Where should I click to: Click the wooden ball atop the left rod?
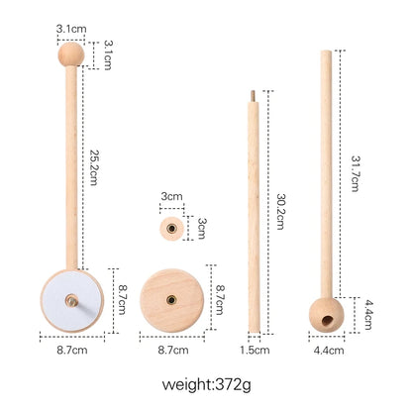(x=71, y=53)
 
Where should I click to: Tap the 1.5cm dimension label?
(x=255, y=350)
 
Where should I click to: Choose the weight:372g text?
(x=206, y=382)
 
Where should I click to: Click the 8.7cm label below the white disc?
(x=72, y=350)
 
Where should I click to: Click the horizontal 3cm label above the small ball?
(x=171, y=198)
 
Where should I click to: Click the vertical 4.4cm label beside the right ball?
(x=367, y=307)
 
